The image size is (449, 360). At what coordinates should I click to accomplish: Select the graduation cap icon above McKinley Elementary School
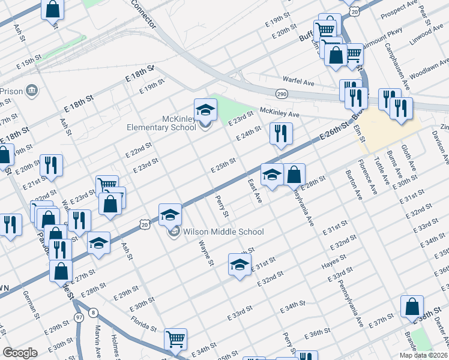pos(205,110)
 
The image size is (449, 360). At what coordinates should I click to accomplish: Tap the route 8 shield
pos(92,312)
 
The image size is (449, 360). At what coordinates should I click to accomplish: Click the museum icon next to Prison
pos(32,91)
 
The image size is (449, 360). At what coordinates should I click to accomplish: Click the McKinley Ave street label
pos(279,112)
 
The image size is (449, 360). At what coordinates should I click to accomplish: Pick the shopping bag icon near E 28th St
pos(294,175)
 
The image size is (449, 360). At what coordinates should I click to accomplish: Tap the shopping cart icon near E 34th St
pos(175,339)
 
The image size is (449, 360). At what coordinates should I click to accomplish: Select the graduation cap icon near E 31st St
pos(240,264)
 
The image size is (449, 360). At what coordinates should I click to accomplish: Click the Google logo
pos(20,353)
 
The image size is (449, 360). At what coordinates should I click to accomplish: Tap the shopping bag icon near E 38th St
pos(412,307)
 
